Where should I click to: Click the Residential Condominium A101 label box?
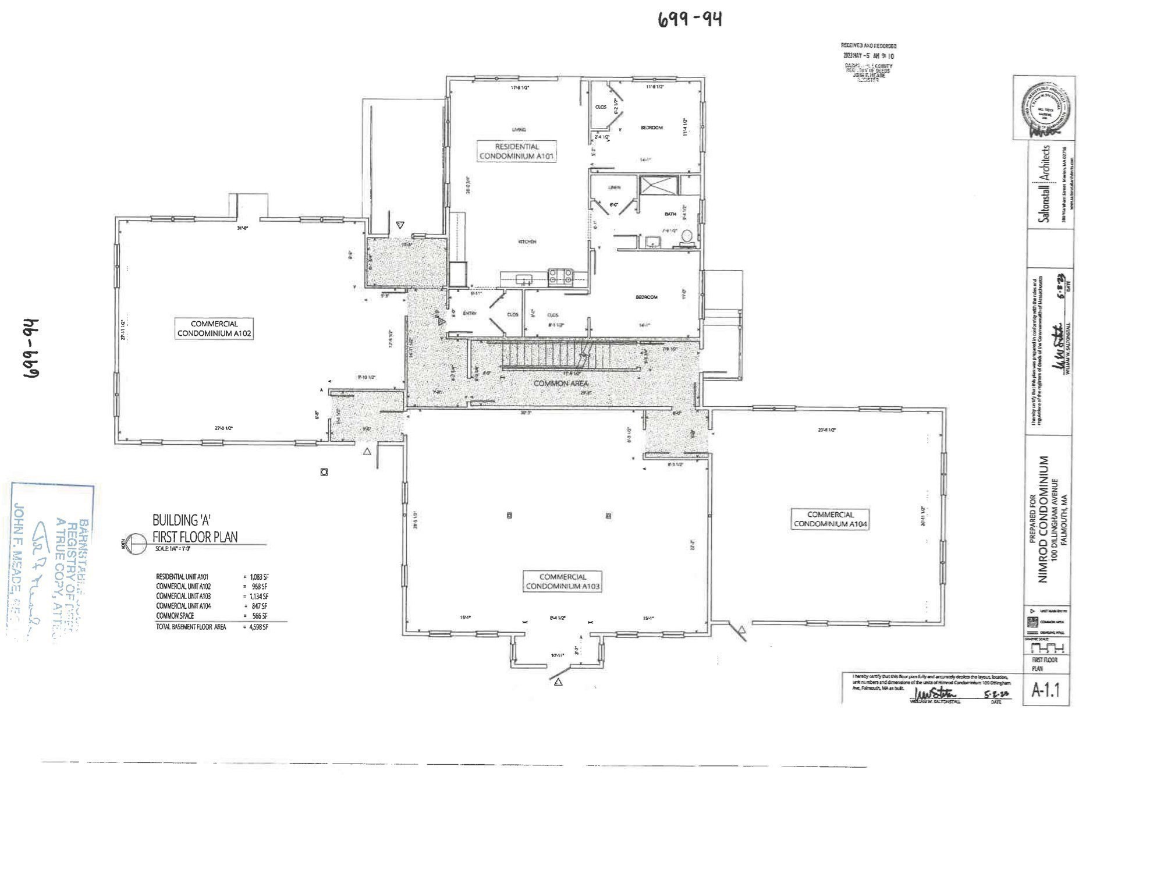pos(516,151)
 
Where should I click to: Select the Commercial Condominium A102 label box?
pos(214,328)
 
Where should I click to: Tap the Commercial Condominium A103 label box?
pos(562,581)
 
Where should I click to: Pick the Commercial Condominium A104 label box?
pos(831,519)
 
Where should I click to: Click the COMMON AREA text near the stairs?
pos(561,384)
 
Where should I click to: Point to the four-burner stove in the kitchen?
pos(560,277)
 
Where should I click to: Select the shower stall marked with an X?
pos(659,186)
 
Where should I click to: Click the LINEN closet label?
pos(615,187)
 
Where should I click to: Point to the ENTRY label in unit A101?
pos(469,314)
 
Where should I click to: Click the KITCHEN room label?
pos(527,242)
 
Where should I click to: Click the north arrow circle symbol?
pos(135,543)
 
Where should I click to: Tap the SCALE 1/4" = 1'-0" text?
pos(172,549)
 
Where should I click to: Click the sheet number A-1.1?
pos(1046,690)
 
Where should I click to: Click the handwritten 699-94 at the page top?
pos(690,20)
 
